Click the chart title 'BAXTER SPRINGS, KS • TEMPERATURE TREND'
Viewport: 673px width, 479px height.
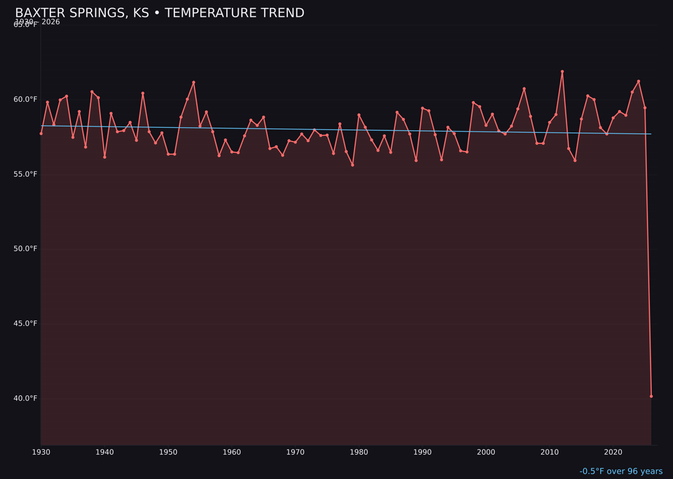coord(160,13)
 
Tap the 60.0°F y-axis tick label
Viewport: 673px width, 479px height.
coord(26,99)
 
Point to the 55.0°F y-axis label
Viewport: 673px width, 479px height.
coord(26,174)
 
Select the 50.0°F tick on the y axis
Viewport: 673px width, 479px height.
coord(26,249)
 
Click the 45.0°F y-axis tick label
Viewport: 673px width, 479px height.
coord(26,324)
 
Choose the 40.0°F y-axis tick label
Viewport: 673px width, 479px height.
coord(26,399)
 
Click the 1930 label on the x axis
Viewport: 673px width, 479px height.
coord(41,452)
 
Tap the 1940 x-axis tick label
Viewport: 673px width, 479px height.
coord(105,452)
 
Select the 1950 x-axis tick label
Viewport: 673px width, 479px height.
coord(168,452)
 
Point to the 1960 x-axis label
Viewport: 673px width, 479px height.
coord(232,452)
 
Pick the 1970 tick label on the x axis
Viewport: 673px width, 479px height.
coord(295,452)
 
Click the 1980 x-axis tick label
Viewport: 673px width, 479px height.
coord(359,452)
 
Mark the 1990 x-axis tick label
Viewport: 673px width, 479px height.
coord(422,452)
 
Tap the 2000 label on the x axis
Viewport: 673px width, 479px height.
coord(486,452)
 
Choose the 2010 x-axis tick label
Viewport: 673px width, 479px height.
coord(550,452)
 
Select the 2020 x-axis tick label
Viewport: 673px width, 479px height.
coord(613,452)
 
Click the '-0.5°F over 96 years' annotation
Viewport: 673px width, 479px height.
coord(621,472)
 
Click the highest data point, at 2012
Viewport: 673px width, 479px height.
coord(562,72)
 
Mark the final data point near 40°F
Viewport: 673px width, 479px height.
coord(651,396)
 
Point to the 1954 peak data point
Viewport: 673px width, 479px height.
coord(194,82)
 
